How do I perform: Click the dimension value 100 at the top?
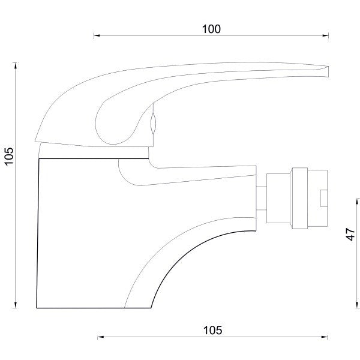point(211,29)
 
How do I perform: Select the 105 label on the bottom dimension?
point(212,331)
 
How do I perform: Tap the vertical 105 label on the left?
point(10,156)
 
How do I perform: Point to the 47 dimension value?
point(350,234)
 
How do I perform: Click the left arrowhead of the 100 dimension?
point(97,35)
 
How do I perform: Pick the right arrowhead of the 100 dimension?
point(326,35)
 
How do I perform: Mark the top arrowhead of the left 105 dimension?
point(16,65)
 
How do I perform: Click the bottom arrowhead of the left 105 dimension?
point(16,305)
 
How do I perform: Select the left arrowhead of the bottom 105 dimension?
point(101,337)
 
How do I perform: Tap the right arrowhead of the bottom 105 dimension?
point(325,337)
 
